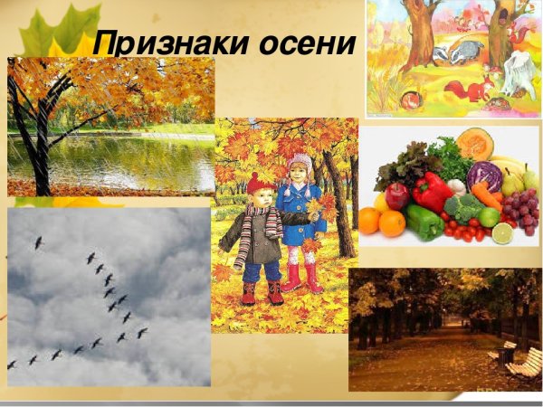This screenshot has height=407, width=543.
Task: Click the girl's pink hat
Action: coord(300,164)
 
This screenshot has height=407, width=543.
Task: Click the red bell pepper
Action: coord(431,190)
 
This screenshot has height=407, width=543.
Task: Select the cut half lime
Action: coord(502,233)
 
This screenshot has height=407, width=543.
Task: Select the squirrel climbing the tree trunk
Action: coord(517,36)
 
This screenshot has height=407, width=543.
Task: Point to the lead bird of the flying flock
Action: coord(38,242)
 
